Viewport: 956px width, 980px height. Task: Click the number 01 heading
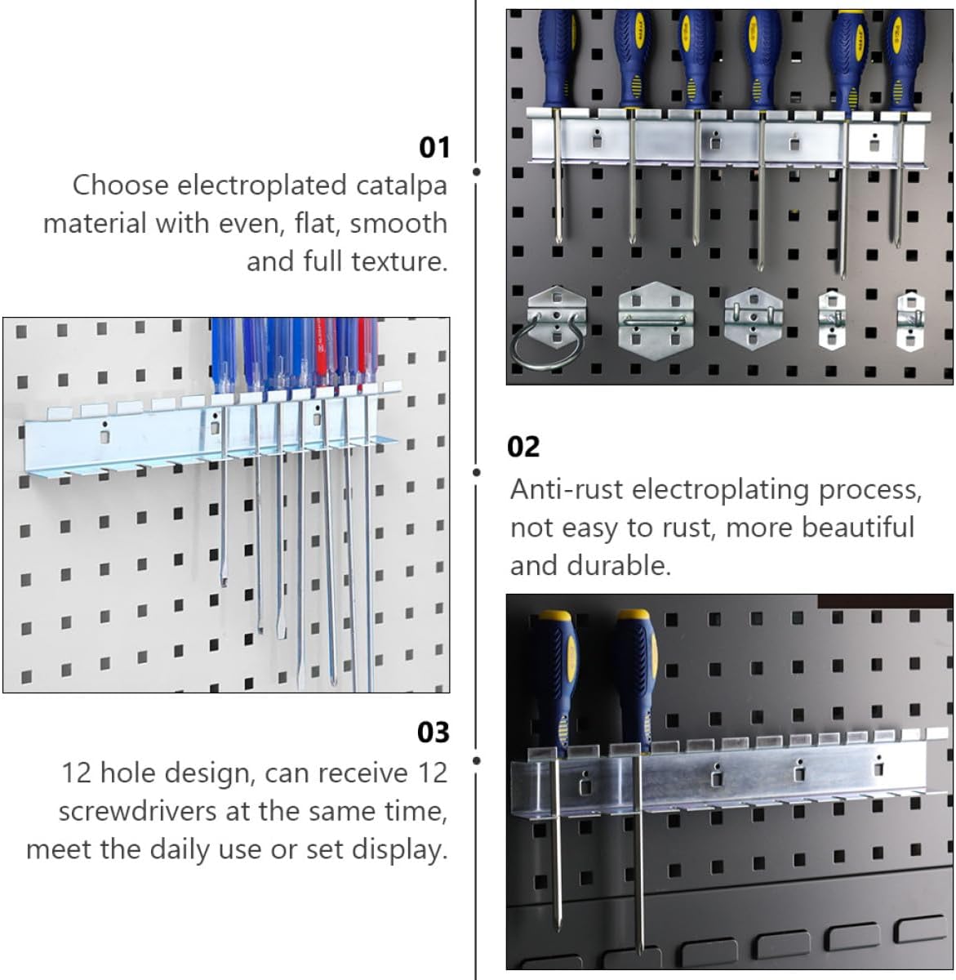(x=434, y=148)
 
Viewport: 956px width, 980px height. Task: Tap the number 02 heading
(x=523, y=448)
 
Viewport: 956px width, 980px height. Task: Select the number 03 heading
(x=433, y=733)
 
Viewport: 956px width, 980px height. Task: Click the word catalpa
(x=402, y=186)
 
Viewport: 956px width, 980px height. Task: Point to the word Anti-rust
(x=567, y=489)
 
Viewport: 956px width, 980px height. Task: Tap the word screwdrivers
(x=137, y=811)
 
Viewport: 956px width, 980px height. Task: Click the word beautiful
(x=857, y=528)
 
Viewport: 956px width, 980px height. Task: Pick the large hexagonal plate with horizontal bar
(x=656, y=321)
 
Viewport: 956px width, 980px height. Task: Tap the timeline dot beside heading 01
(x=476, y=171)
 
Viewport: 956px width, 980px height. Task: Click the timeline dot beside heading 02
(x=476, y=472)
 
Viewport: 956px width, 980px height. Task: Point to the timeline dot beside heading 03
(x=476, y=760)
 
